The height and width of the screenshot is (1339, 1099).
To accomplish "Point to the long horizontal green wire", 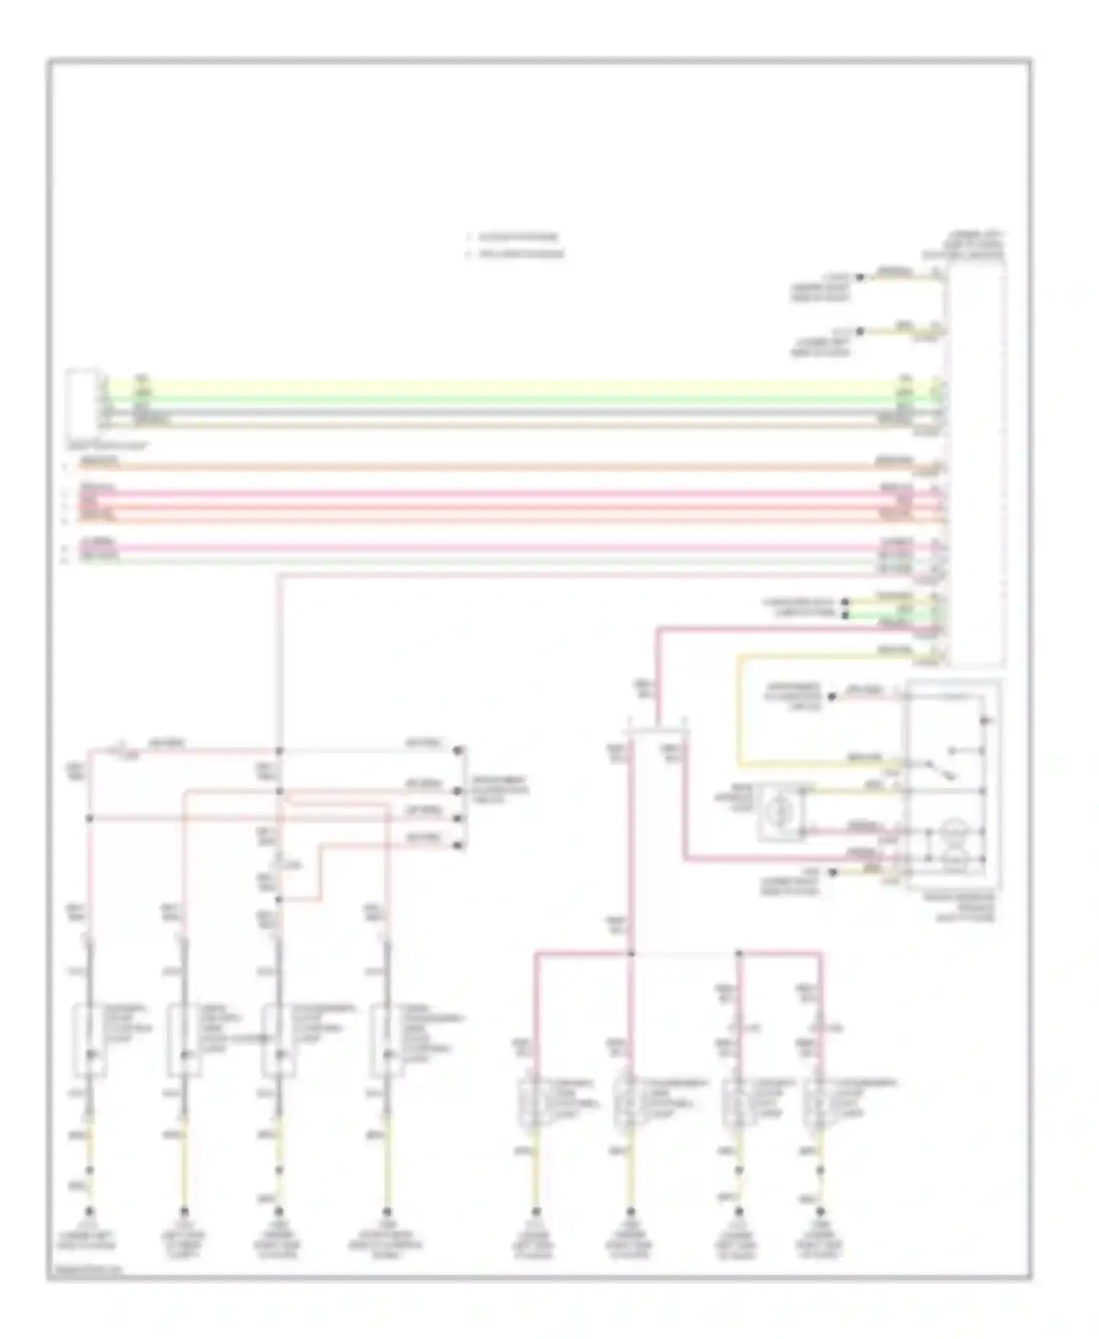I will click(513, 400).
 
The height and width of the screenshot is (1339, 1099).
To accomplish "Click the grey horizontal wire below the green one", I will click(513, 412).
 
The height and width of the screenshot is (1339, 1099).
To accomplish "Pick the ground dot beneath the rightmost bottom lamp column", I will click(820, 1212).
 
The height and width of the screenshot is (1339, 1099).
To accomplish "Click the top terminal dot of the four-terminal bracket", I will click(459, 751).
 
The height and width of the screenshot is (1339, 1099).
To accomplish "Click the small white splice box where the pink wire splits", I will click(655, 733).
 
